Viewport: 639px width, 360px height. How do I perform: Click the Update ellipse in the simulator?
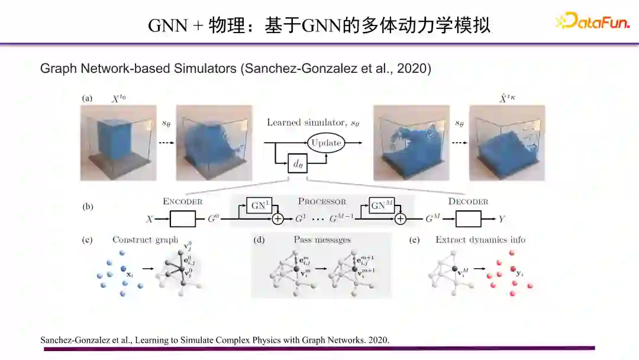pyautogui.click(x=326, y=143)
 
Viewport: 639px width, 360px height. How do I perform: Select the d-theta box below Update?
pyautogui.click(x=298, y=164)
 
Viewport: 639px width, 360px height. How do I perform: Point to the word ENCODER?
pyautogui.click(x=183, y=201)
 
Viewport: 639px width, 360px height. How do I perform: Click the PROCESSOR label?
pyautogui.click(x=322, y=201)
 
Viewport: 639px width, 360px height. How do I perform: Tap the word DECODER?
pyautogui.click(x=468, y=201)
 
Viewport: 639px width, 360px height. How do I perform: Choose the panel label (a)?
pyautogui.click(x=87, y=98)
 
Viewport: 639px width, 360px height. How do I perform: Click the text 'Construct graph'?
pyautogui.click(x=145, y=240)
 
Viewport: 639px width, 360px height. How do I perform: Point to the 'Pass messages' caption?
pyautogui.click(x=322, y=240)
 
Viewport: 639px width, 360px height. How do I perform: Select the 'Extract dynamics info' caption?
pyautogui.click(x=480, y=240)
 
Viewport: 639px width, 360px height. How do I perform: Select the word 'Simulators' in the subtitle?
pyautogui.click(x=205, y=69)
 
